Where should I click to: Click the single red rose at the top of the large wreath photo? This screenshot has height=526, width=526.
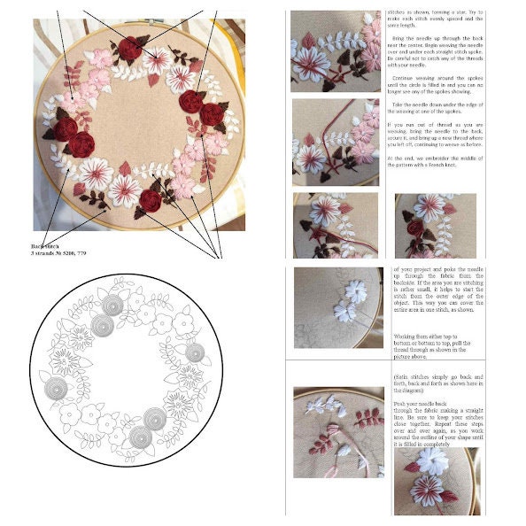tap(132, 49)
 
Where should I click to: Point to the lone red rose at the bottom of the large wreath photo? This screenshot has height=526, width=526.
tap(151, 200)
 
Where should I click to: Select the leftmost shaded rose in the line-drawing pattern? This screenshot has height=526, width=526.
tap(56, 388)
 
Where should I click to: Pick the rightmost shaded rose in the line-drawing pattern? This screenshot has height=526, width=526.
tap(194, 352)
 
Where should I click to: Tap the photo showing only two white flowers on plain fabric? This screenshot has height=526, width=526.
tap(337, 305)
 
